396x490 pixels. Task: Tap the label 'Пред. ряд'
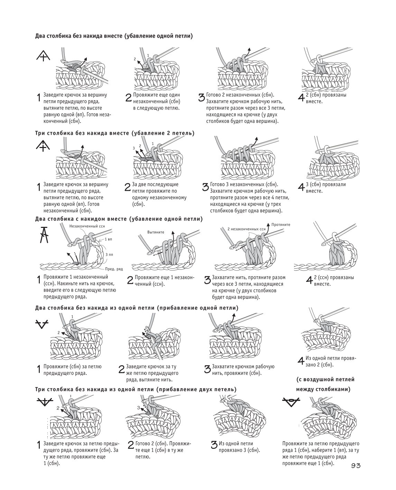[114, 269]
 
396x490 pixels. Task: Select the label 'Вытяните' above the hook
[156, 232]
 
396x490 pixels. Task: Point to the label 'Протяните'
[281, 224]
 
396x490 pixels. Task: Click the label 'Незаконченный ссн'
[87, 226]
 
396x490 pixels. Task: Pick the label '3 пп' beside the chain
[109, 255]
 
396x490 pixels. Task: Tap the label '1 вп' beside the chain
[108, 239]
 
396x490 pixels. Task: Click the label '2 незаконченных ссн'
[247, 229]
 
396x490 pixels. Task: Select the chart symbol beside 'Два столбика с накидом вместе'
[44, 235]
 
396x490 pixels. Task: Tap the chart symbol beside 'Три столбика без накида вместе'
[43, 146]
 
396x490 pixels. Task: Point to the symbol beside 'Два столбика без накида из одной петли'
[42, 324]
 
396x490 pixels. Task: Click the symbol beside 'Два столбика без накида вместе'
[43, 56]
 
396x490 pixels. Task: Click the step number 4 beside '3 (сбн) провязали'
[301, 187]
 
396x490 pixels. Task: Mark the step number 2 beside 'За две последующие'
[128, 187]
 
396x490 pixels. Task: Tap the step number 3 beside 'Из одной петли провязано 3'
[214, 445]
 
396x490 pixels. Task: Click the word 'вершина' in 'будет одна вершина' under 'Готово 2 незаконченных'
[269, 121]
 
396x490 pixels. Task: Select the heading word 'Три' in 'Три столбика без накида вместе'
[39, 133]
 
